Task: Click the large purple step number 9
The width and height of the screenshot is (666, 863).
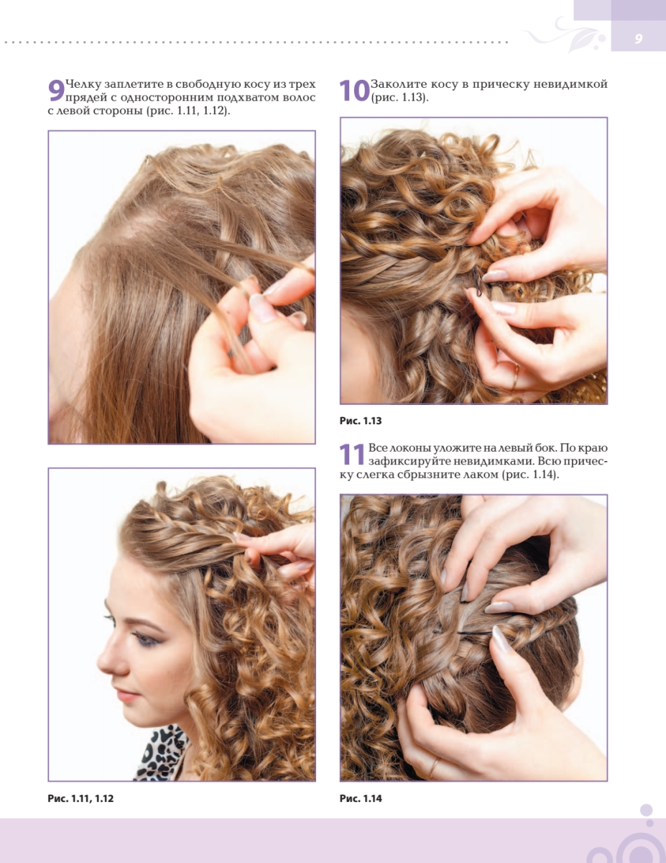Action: tap(56, 91)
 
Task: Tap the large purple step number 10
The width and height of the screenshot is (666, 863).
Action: tap(354, 91)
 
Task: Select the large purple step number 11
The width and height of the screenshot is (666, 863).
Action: tap(352, 454)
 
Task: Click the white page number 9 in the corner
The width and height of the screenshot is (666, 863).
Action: tap(638, 39)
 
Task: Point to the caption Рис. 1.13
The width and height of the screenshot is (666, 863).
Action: tap(361, 421)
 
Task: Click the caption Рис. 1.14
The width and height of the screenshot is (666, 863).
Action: tap(361, 799)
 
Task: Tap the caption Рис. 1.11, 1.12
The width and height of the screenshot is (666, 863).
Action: tap(80, 799)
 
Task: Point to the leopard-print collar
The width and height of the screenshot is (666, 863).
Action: tap(162, 752)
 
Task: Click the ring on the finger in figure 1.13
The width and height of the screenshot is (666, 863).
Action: tap(515, 378)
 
